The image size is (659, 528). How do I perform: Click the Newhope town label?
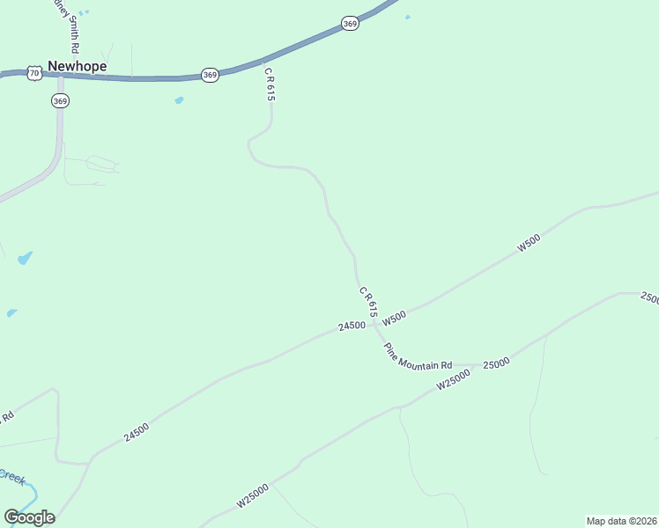pyautogui.click(x=77, y=66)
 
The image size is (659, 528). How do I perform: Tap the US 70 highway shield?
pyautogui.click(x=33, y=73)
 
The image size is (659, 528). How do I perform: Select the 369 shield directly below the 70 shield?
pyautogui.click(x=60, y=101)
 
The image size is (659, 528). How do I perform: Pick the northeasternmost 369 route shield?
pyautogui.click(x=350, y=24)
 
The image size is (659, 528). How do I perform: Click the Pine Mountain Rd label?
pyautogui.click(x=418, y=355)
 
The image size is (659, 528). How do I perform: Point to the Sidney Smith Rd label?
pyautogui.click(x=73, y=26)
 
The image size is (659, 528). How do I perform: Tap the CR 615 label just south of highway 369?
pyautogui.click(x=270, y=86)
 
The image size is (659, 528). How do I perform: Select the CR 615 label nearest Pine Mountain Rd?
pyautogui.click(x=368, y=301)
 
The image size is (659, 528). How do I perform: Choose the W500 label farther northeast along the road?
pyautogui.click(x=528, y=244)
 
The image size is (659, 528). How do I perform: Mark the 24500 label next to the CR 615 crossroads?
pyautogui.click(x=352, y=326)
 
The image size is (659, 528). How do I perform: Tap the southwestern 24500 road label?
pyautogui.click(x=137, y=430)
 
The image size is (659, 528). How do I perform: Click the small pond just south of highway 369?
pyautogui.click(x=179, y=100)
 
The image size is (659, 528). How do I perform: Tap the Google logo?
pyautogui.click(x=29, y=517)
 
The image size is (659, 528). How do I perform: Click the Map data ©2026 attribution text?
pyautogui.click(x=620, y=521)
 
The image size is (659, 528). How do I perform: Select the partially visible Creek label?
pyautogui.click(x=11, y=477)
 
